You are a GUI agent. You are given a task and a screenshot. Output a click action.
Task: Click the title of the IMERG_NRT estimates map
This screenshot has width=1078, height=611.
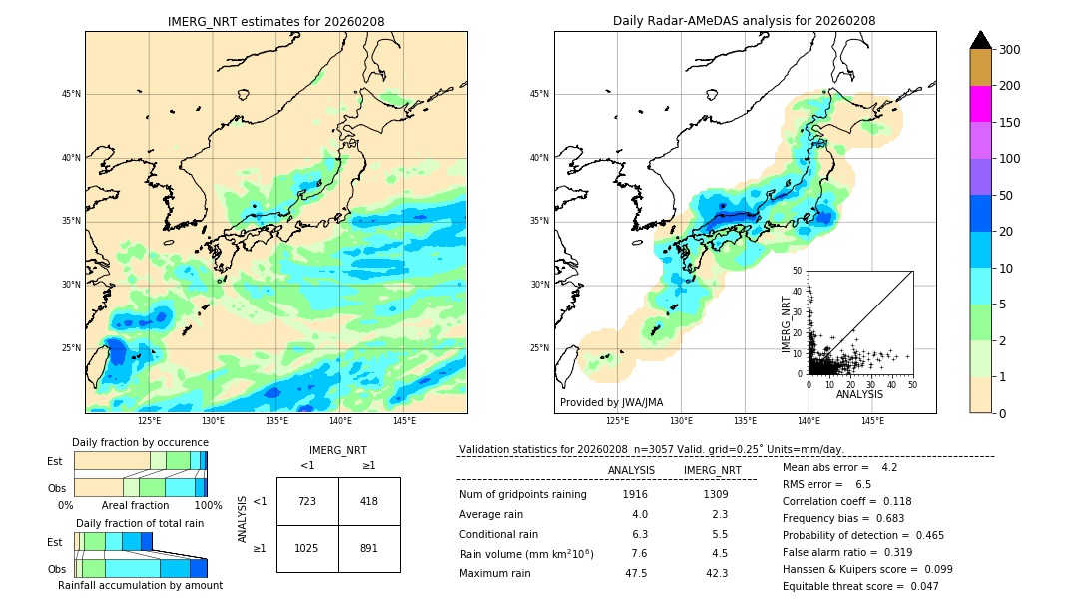click(275, 22)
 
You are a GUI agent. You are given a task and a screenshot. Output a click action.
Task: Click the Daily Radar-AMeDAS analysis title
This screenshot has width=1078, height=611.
click(744, 22)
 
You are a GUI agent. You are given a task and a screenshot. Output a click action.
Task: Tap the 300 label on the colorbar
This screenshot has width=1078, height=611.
click(1010, 50)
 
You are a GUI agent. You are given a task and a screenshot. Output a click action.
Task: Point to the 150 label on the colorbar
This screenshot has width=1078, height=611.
click(1010, 123)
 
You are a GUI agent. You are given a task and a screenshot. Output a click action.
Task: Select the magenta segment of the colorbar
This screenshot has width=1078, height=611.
click(980, 104)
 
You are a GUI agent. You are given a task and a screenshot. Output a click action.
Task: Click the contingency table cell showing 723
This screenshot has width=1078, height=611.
click(307, 501)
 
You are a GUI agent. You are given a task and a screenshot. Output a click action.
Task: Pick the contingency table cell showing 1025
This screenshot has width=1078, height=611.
click(307, 548)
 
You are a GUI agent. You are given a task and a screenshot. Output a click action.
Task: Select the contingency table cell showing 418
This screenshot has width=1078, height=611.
click(369, 501)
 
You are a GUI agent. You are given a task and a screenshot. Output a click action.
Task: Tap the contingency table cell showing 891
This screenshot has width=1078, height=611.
click(369, 548)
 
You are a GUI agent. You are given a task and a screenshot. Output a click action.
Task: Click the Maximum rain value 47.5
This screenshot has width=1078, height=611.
click(635, 573)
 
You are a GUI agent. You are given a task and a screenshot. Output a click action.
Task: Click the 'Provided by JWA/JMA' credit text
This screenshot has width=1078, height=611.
click(611, 402)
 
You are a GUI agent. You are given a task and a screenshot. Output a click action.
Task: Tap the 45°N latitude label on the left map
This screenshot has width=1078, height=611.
click(70, 94)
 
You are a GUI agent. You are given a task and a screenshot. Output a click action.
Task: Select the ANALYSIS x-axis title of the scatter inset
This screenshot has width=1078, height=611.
click(859, 394)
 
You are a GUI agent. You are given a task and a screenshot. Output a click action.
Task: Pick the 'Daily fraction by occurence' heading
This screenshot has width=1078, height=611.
click(140, 442)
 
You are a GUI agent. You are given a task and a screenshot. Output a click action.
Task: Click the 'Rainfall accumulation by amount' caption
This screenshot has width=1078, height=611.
click(140, 585)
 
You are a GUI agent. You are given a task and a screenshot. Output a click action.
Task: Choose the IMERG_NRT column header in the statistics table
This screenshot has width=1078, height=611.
click(712, 470)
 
